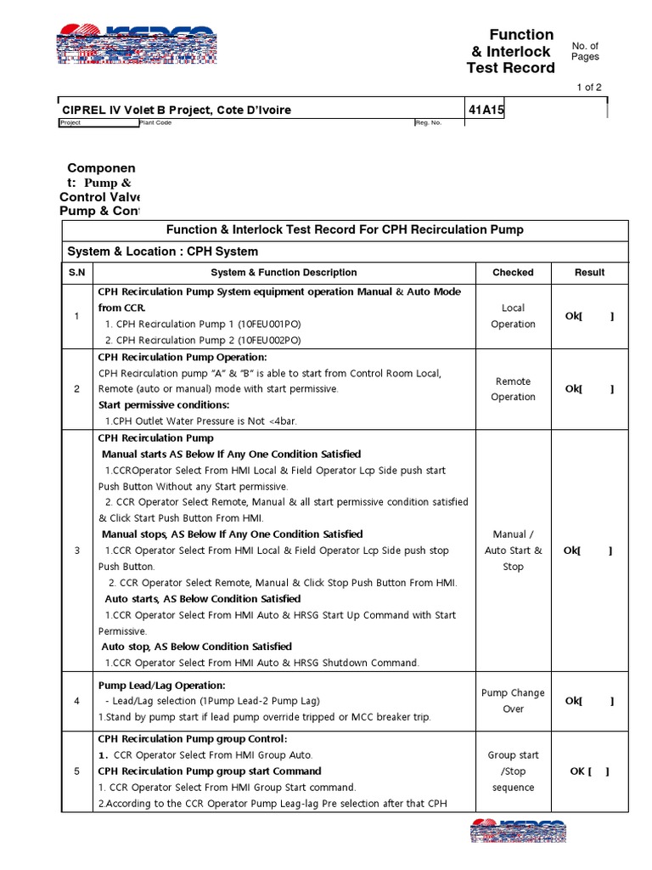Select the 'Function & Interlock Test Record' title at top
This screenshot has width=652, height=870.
(511, 51)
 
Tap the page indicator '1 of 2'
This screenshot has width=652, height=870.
(589, 88)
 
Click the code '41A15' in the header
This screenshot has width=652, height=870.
(486, 110)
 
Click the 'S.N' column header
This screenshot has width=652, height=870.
(76, 273)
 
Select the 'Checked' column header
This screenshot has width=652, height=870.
(513, 273)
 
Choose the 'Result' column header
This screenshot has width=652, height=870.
(589, 273)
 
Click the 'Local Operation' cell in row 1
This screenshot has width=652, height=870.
(513, 316)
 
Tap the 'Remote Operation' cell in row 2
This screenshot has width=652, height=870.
(513, 389)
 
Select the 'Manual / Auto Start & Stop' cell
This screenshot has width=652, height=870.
(513, 551)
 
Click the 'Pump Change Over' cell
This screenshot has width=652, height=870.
(513, 701)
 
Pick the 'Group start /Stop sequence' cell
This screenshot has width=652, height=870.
(513, 771)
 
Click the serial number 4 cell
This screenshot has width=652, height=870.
(76, 701)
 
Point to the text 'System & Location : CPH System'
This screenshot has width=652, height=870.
(163, 251)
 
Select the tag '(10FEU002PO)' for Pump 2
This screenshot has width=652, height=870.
(265, 340)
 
